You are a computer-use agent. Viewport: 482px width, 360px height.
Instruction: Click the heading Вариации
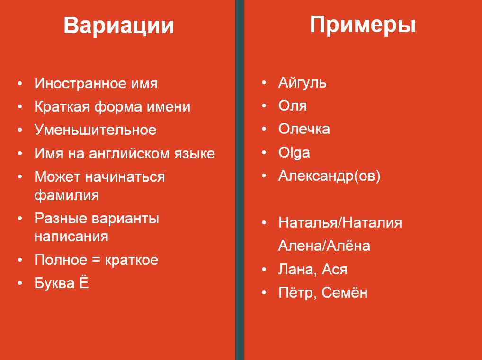[x=119, y=25]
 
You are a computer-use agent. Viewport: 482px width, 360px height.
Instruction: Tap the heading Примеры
[x=363, y=25]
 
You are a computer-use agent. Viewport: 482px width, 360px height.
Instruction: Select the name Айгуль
[x=302, y=83]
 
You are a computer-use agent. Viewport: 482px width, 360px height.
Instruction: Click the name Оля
[x=292, y=105]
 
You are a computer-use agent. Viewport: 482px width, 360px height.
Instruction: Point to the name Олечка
[x=304, y=129]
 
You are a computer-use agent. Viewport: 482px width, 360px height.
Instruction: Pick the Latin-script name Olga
[x=294, y=153]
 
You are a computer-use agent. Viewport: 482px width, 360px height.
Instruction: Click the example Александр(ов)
[x=329, y=176]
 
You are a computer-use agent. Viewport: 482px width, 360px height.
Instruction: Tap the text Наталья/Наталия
[x=340, y=223]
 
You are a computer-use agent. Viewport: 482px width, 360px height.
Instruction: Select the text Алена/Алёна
[x=324, y=246]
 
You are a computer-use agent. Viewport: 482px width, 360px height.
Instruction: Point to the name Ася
[x=334, y=269]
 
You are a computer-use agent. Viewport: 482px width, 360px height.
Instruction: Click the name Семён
[x=344, y=292]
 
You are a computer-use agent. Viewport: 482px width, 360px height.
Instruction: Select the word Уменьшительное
[x=95, y=130]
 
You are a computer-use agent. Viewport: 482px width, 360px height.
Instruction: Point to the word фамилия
[x=67, y=195]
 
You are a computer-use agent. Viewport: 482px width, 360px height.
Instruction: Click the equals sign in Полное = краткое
[x=96, y=260]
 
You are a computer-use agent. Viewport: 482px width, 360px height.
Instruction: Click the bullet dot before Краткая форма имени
[x=20, y=106]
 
